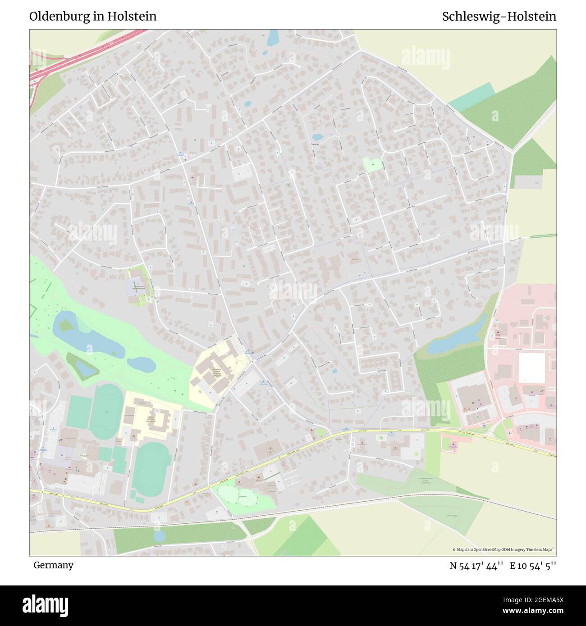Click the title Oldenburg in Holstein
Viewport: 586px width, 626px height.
[x=93, y=16]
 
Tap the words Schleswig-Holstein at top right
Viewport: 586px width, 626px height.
[x=499, y=16]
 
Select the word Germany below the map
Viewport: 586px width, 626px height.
[x=53, y=565]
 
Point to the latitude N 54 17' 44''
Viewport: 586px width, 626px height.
[x=476, y=566]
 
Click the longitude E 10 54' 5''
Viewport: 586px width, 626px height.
[x=533, y=566]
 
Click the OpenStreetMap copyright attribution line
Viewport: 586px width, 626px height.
[x=503, y=549]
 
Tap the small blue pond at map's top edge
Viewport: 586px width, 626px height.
[x=273, y=38]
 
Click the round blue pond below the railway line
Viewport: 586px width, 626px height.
[x=160, y=536]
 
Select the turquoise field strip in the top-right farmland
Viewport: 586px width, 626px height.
[x=471, y=97]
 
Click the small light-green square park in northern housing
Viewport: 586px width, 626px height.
[x=372, y=165]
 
